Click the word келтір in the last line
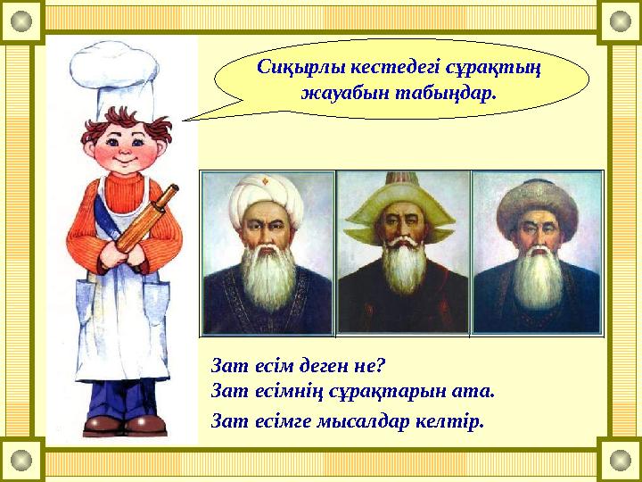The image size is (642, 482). coord(455,421)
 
